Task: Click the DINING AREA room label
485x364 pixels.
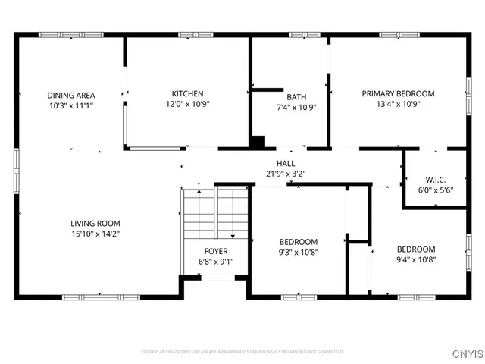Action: [x=70, y=95]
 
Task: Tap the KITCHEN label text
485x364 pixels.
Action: [x=187, y=94]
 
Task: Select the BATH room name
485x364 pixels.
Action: [x=296, y=96]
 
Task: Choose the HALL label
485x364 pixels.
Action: [x=286, y=163]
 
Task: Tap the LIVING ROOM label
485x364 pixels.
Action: [x=95, y=224]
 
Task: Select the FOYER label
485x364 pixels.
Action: [x=215, y=251]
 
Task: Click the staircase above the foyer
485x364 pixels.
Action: [x=215, y=212]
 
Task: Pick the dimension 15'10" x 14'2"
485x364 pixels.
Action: [x=95, y=234]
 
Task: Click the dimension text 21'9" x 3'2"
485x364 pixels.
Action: [x=286, y=174]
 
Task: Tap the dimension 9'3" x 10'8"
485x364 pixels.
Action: [x=298, y=253]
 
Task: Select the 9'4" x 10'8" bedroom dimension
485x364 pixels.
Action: [x=416, y=260]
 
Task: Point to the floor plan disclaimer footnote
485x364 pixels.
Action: [x=242, y=352]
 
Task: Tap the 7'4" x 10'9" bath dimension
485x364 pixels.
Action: [x=296, y=107]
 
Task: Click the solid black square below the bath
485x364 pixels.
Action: [x=258, y=142]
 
